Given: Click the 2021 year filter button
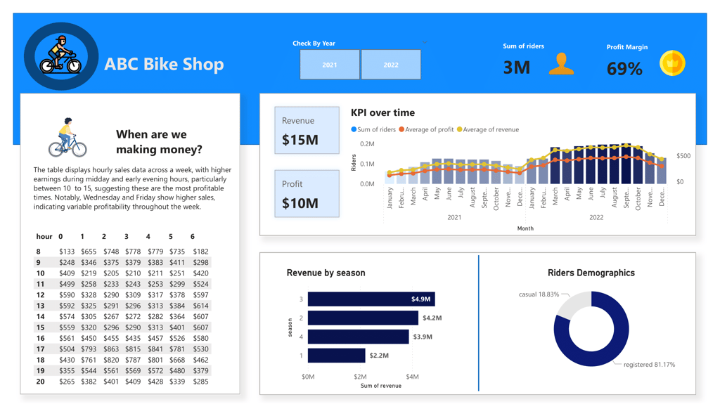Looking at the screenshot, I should pyautogui.click(x=330, y=65).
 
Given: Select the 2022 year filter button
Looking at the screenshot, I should pyautogui.click(x=391, y=65).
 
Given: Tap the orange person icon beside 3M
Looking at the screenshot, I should pyautogui.click(x=561, y=64).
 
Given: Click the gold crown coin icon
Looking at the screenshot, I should pyautogui.click(x=672, y=64).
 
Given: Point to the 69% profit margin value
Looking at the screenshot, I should pyautogui.click(x=624, y=69).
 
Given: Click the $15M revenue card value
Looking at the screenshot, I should pyautogui.click(x=300, y=140).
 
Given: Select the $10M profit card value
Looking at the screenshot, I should pyautogui.click(x=300, y=203).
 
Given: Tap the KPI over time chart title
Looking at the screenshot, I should pyautogui.click(x=382, y=112).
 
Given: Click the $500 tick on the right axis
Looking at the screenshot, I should pyautogui.click(x=683, y=156).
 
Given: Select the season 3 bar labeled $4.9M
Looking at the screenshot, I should pyautogui.click(x=371, y=299).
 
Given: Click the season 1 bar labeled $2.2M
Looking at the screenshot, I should pyautogui.click(x=337, y=356).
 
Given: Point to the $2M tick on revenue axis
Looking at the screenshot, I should pyautogui.click(x=360, y=377).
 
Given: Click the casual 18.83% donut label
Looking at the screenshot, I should pyautogui.click(x=539, y=294).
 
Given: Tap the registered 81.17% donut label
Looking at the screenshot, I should pyautogui.click(x=649, y=365).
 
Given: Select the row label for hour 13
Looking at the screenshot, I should pyautogui.click(x=40, y=306).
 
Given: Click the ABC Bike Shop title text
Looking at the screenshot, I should pyautogui.click(x=164, y=65).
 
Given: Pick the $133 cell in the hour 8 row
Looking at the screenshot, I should pyautogui.click(x=67, y=252).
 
